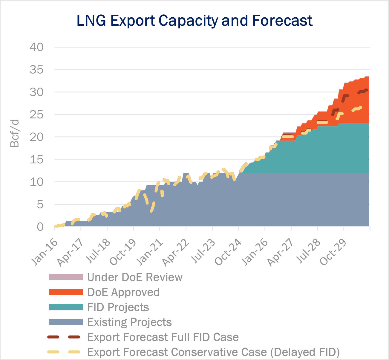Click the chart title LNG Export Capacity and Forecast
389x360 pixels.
[x=194, y=21]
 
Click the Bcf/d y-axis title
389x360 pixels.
[x=15, y=133]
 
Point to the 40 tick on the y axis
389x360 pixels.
[x=36, y=47]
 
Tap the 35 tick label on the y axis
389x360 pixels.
[x=36, y=70]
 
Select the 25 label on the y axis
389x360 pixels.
[x=36, y=115]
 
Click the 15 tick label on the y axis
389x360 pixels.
[x=36, y=159]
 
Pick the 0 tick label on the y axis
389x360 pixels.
[x=40, y=227]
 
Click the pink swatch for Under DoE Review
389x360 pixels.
[x=66, y=277]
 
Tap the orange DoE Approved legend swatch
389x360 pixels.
[x=66, y=292]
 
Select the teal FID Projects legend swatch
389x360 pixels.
[x=66, y=307]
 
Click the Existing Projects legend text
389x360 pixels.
[x=129, y=322]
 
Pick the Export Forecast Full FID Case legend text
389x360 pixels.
[x=163, y=337]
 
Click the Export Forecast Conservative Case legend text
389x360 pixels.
[x=213, y=352]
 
